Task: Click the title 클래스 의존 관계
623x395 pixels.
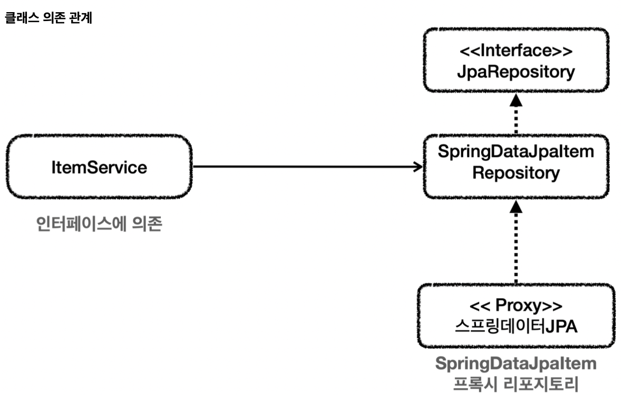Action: (48, 18)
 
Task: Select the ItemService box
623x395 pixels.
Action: (99, 167)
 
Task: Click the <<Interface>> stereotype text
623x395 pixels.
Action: (515, 51)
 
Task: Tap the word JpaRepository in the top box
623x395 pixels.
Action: (515, 72)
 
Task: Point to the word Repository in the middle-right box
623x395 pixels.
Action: (515, 173)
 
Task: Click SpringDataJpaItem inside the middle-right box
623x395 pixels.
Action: (515, 151)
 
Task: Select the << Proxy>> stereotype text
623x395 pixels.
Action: (515, 305)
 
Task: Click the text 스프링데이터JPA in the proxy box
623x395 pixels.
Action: (515, 327)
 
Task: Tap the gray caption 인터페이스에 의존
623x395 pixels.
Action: (99, 224)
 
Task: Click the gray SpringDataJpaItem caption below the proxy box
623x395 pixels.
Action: (515, 363)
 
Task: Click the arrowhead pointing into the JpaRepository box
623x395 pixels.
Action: (515, 100)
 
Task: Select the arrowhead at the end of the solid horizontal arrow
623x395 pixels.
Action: (418, 167)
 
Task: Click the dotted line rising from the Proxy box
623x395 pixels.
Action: (515, 248)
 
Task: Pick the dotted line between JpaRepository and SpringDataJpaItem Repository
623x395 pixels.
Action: (515, 120)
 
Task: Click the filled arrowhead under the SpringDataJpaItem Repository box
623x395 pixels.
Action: (515, 206)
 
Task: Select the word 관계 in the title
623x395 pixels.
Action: (80, 18)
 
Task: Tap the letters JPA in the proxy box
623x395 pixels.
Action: (561, 327)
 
